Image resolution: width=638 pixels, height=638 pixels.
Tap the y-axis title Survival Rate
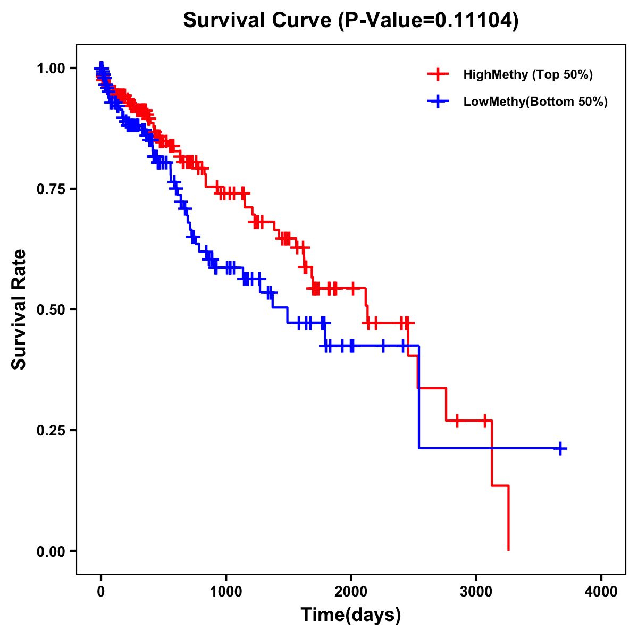pos(19,309)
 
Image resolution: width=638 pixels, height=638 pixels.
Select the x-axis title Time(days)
pos(350,615)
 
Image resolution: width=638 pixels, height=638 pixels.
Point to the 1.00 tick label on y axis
pos(50,69)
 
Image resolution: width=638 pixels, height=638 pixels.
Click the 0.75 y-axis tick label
pos(50,189)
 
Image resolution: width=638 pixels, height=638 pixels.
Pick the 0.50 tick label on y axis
pos(50,309)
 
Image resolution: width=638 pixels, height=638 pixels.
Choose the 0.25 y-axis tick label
pos(50,430)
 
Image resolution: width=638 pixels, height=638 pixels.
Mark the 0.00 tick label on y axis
pos(50,551)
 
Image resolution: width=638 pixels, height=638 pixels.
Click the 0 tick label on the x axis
pos(101,591)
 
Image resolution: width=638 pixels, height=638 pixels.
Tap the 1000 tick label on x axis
pos(226,591)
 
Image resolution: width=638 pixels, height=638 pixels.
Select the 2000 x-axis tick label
pos(351,591)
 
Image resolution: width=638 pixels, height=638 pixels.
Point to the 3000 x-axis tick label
pos(476,591)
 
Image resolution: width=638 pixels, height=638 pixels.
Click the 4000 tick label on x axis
pos(601,591)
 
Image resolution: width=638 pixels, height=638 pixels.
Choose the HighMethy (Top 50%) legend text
pos(528,74)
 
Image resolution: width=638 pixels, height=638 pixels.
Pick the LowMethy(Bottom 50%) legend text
pos(535,102)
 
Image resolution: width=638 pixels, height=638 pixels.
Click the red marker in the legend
pos(438,74)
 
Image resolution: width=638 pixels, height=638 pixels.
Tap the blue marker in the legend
pos(438,102)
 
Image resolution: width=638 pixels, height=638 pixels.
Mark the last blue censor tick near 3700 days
pos(560,448)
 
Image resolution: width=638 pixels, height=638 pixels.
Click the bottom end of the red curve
pos(509,549)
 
